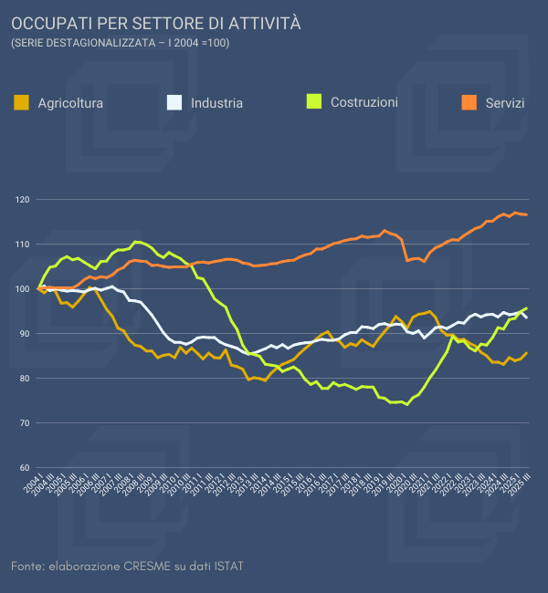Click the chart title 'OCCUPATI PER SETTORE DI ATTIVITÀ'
click(x=155, y=22)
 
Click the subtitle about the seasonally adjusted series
click(x=120, y=43)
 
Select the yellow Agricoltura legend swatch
click(x=22, y=102)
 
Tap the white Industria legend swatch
click(x=174, y=102)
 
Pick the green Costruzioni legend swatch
click(x=313, y=101)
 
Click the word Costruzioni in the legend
click(x=364, y=102)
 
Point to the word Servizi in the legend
click(x=505, y=103)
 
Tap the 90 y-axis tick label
click(x=24, y=334)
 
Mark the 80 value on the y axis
click(x=24, y=379)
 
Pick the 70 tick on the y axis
click(x=24, y=423)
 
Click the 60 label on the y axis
click(x=24, y=468)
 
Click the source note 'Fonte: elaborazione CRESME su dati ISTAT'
click(x=127, y=567)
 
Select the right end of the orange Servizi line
click(x=527, y=214)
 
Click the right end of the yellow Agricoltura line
click(x=527, y=353)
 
